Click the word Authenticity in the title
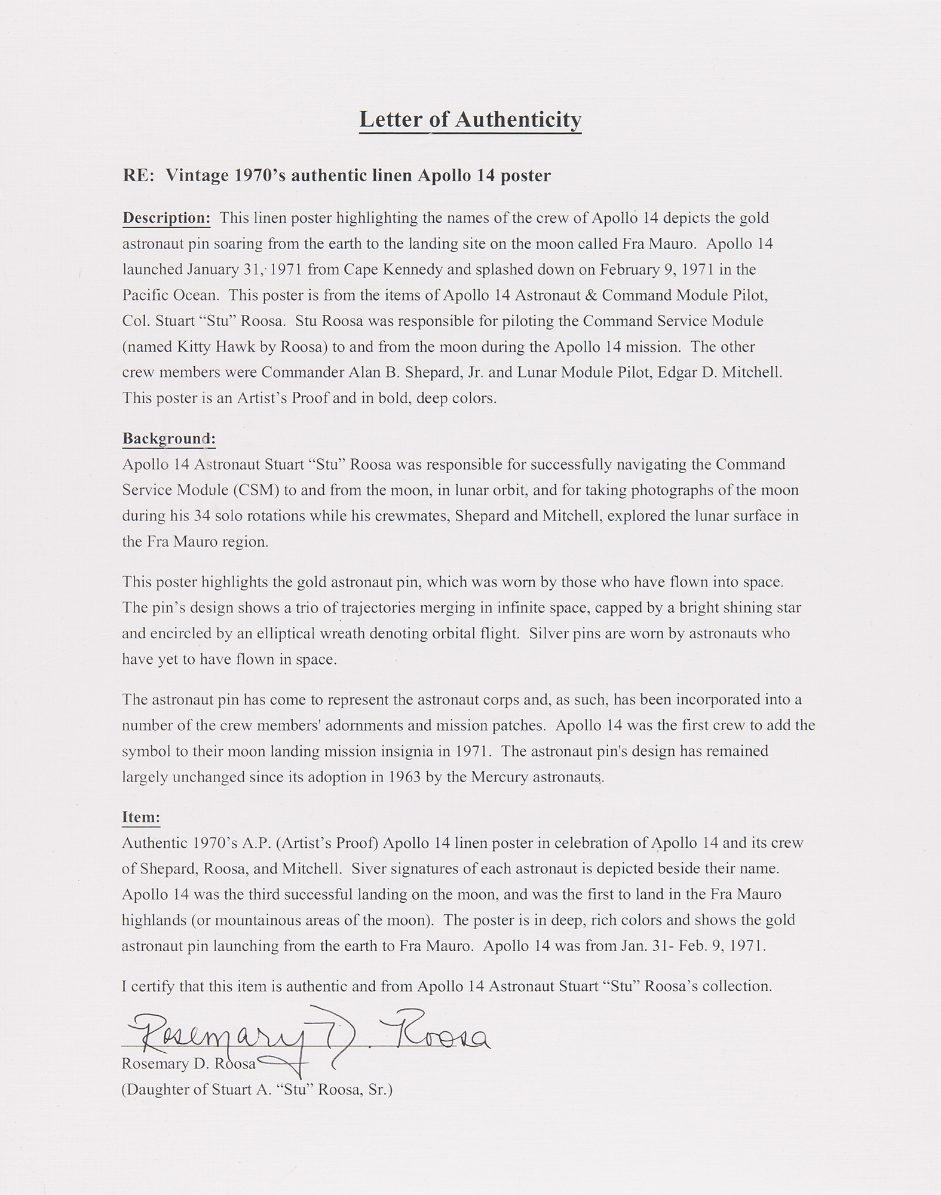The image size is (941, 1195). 518,120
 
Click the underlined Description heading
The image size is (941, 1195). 166,218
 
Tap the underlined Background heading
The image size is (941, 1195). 168,439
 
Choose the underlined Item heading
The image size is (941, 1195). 141,817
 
